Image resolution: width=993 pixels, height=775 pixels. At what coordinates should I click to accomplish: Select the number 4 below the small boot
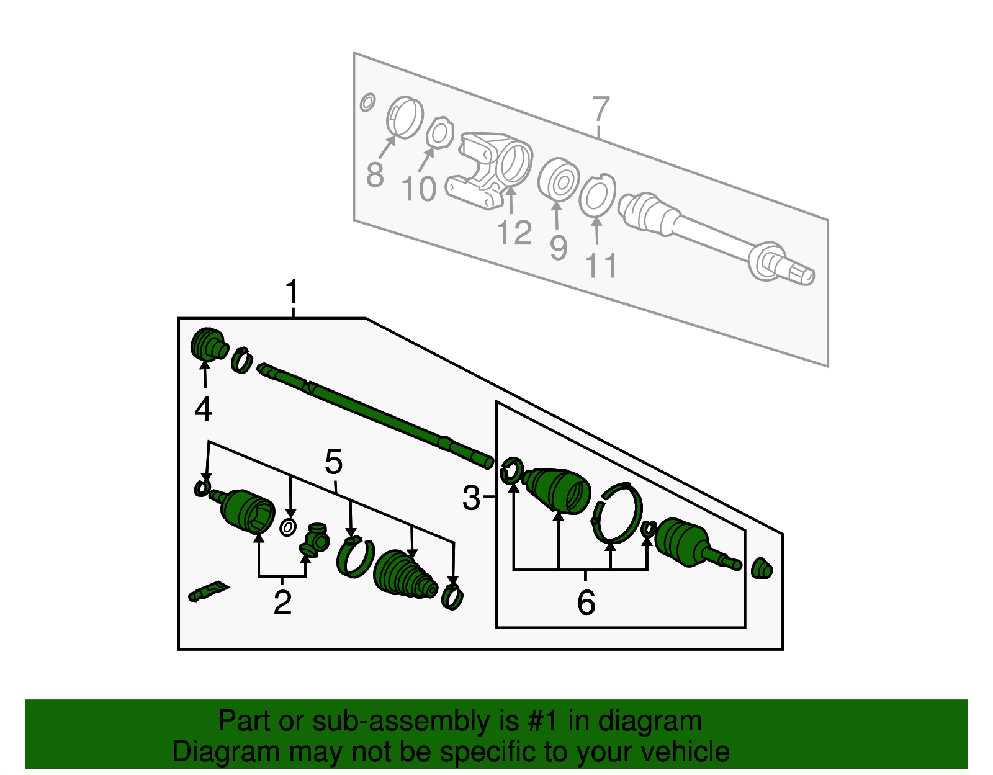click(204, 410)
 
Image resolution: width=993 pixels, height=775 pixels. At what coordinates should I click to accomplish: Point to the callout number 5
click(333, 462)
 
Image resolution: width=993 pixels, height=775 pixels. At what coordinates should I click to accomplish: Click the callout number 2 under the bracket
click(282, 602)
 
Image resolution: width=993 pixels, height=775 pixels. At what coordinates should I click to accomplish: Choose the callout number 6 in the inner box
click(586, 603)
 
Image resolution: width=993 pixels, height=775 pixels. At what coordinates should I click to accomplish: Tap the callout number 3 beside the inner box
click(471, 498)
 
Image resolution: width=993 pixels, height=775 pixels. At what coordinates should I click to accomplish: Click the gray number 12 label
click(514, 233)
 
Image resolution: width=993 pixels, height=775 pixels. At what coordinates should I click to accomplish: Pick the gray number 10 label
click(419, 189)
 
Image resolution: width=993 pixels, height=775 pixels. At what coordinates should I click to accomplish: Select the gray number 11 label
click(601, 266)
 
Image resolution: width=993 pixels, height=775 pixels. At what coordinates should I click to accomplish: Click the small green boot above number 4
click(208, 344)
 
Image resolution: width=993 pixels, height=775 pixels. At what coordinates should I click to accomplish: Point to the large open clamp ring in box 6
click(617, 513)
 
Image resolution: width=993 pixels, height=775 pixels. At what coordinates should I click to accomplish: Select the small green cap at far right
click(762, 568)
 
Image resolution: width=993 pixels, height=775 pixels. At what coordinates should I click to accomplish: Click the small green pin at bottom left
click(208, 591)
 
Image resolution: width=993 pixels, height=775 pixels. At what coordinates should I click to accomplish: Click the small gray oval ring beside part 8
click(367, 102)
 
